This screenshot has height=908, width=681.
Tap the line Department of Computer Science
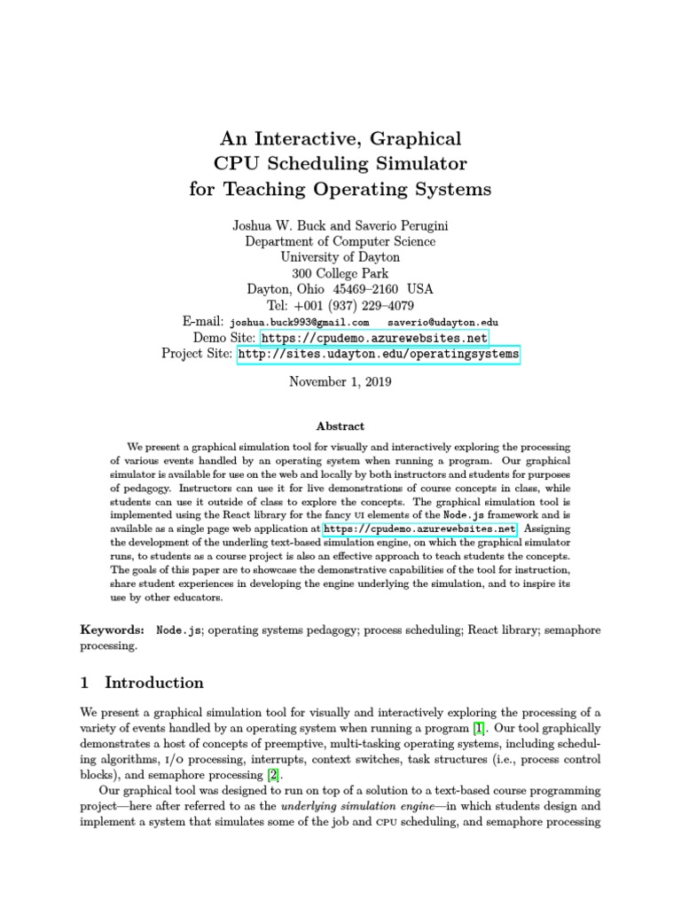(340, 241)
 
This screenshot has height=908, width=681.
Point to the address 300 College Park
(340, 273)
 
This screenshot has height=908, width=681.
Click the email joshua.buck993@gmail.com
(299, 323)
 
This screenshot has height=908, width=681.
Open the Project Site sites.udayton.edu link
(378, 355)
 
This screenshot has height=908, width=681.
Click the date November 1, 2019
(340, 382)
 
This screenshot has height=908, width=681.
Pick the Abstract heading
(340, 427)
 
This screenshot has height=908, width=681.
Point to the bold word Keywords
(112, 629)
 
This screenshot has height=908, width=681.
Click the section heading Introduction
(153, 683)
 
